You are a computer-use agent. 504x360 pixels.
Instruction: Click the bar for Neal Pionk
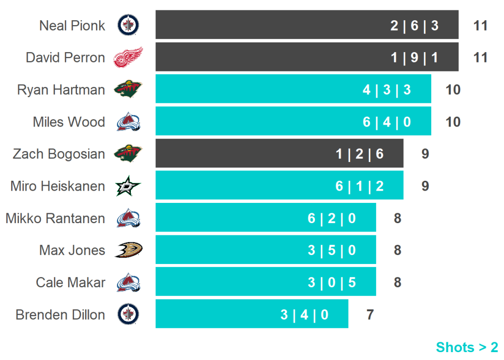(307, 25)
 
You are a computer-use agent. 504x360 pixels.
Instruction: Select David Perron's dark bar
(307, 57)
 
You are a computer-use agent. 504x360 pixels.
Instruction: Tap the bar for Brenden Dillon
(252, 314)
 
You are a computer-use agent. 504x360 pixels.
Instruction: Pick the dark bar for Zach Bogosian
(279, 153)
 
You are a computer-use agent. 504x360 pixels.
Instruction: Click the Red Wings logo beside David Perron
(128, 57)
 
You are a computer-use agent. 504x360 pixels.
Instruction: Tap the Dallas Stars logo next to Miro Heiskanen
(128, 186)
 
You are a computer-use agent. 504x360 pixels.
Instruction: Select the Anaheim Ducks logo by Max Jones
(128, 250)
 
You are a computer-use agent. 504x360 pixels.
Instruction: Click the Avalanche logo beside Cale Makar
(128, 282)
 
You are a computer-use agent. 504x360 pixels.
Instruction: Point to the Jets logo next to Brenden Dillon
(128, 314)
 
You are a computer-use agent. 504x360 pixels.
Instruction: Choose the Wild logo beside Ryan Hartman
(128, 90)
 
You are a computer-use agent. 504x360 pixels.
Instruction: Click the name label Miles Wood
(69, 122)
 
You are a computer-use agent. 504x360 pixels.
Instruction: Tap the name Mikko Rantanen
(55, 218)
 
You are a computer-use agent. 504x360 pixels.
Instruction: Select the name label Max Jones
(72, 250)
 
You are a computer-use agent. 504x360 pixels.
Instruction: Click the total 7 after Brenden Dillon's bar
(370, 314)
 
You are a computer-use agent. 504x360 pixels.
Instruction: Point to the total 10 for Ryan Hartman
(453, 90)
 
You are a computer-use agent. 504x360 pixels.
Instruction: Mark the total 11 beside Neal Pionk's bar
(480, 25)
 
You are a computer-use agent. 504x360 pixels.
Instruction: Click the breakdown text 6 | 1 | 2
(360, 186)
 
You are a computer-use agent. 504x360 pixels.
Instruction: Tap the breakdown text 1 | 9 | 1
(414, 58)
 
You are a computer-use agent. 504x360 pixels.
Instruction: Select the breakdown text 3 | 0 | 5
(332, 282)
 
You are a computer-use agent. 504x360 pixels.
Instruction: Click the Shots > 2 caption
(467, 347)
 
